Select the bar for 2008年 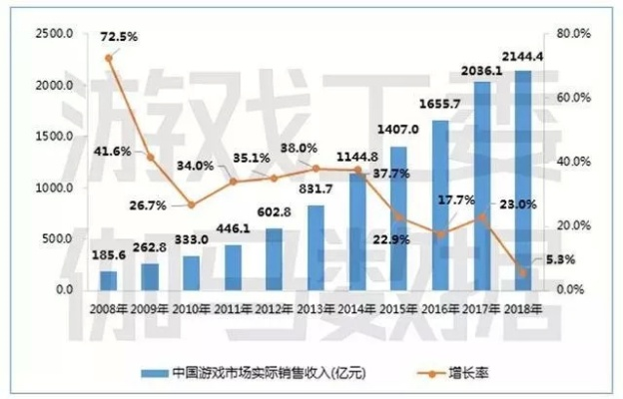click(x=109, y=280)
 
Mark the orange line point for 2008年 click(x=109, y=58)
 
